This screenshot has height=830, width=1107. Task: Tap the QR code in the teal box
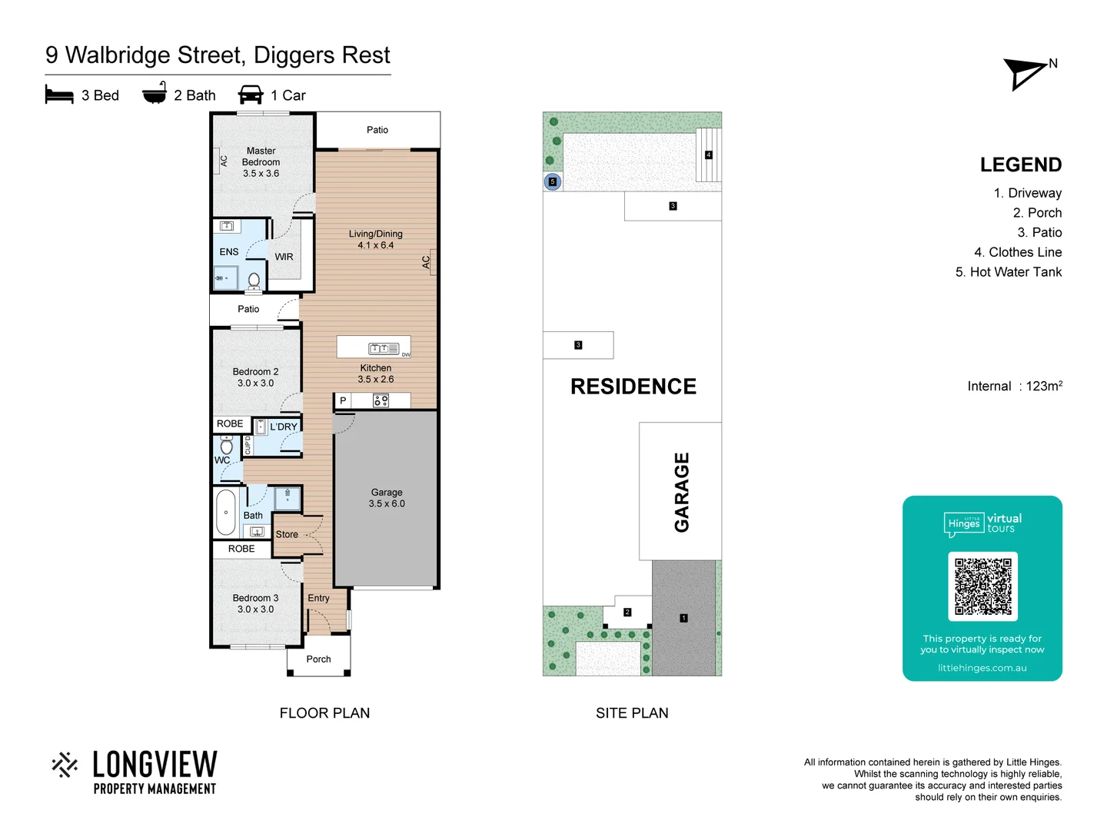[982, 586]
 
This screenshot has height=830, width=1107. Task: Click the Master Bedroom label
[261, 162]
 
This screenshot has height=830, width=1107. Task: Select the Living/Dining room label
[375, 239]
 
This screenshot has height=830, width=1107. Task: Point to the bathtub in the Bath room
[226, 512]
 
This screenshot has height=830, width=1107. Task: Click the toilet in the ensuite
[254, 281]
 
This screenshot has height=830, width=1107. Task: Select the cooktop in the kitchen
[381, 400]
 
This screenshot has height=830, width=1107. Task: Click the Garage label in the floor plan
[387, 497]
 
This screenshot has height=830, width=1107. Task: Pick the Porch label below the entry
[318, 659]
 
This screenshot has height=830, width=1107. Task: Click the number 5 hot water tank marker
[552, 182]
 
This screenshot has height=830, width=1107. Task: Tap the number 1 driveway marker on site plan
[683, 618]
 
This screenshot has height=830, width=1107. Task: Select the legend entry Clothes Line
[1018, 252]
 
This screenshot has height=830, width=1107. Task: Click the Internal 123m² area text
[1015, 386]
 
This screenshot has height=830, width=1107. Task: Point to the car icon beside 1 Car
[251, 95]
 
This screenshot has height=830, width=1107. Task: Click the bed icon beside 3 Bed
[59, 95]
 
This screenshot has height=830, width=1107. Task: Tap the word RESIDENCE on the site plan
[633, 387]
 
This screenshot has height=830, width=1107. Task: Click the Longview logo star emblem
[65, 765]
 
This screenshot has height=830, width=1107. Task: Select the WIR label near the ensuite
[284, 257]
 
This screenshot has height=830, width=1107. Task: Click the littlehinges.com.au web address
[982, 668]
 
